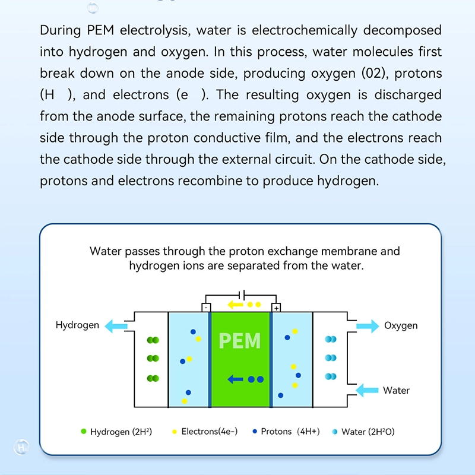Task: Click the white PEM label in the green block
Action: pyautogui.click(x=240, y=341)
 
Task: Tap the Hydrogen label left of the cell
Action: pyautogui.click(x=77, y=325)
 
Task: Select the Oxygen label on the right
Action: pyautogui.click(x=400, y=325)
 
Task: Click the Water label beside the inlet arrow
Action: pyautogui.click(x=396, y=390)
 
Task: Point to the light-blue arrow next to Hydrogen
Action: pyautogui.click(x=115, y=325)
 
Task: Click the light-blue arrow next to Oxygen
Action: pyautogui.click(x=367, y=325)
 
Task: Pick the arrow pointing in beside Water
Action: pyautogui.click(x=367, y=390)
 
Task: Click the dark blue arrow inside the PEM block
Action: pyautogui.click(x=234, y=379)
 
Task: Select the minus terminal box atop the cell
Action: pyautogui.click(x=205, y=308)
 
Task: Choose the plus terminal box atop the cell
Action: pyautogui.click(x=276, y=308)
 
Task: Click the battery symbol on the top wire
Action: pyautogui.click(x=240, y=294)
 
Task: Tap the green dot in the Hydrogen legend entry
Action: pyautogui.click(x=83, y=432)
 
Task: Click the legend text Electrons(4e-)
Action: pyautogui.click(x=209, y=432)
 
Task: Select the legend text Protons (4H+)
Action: pyautogui.click(x=290, y=432)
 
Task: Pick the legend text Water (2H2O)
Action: pyautogui.click(x=368, y=432)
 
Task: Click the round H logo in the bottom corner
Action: pyautogui.click(x=22, y=445)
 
